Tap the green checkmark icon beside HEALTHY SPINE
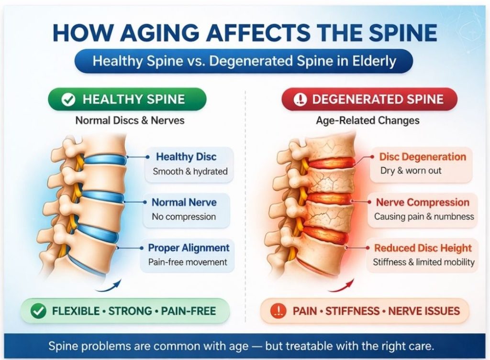click(x=69, y=99)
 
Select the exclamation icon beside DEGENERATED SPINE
click(x=300, y=99)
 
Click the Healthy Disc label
click(x=186, y=157)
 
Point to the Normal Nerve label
click(x=184, y=202)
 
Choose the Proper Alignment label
click(x=189, y=248)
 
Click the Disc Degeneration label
click(x=423, y=157)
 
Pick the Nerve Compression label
click(x=423, y=202)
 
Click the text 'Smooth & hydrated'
click(x=190, y=171)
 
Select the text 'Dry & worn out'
click(x=411, y=171)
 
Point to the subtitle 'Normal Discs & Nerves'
click(x=130, y=120)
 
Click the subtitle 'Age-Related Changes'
click(x=367, y=120)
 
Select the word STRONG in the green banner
click(x=131, y=311)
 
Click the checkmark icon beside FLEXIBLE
click(x=38, y=311)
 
